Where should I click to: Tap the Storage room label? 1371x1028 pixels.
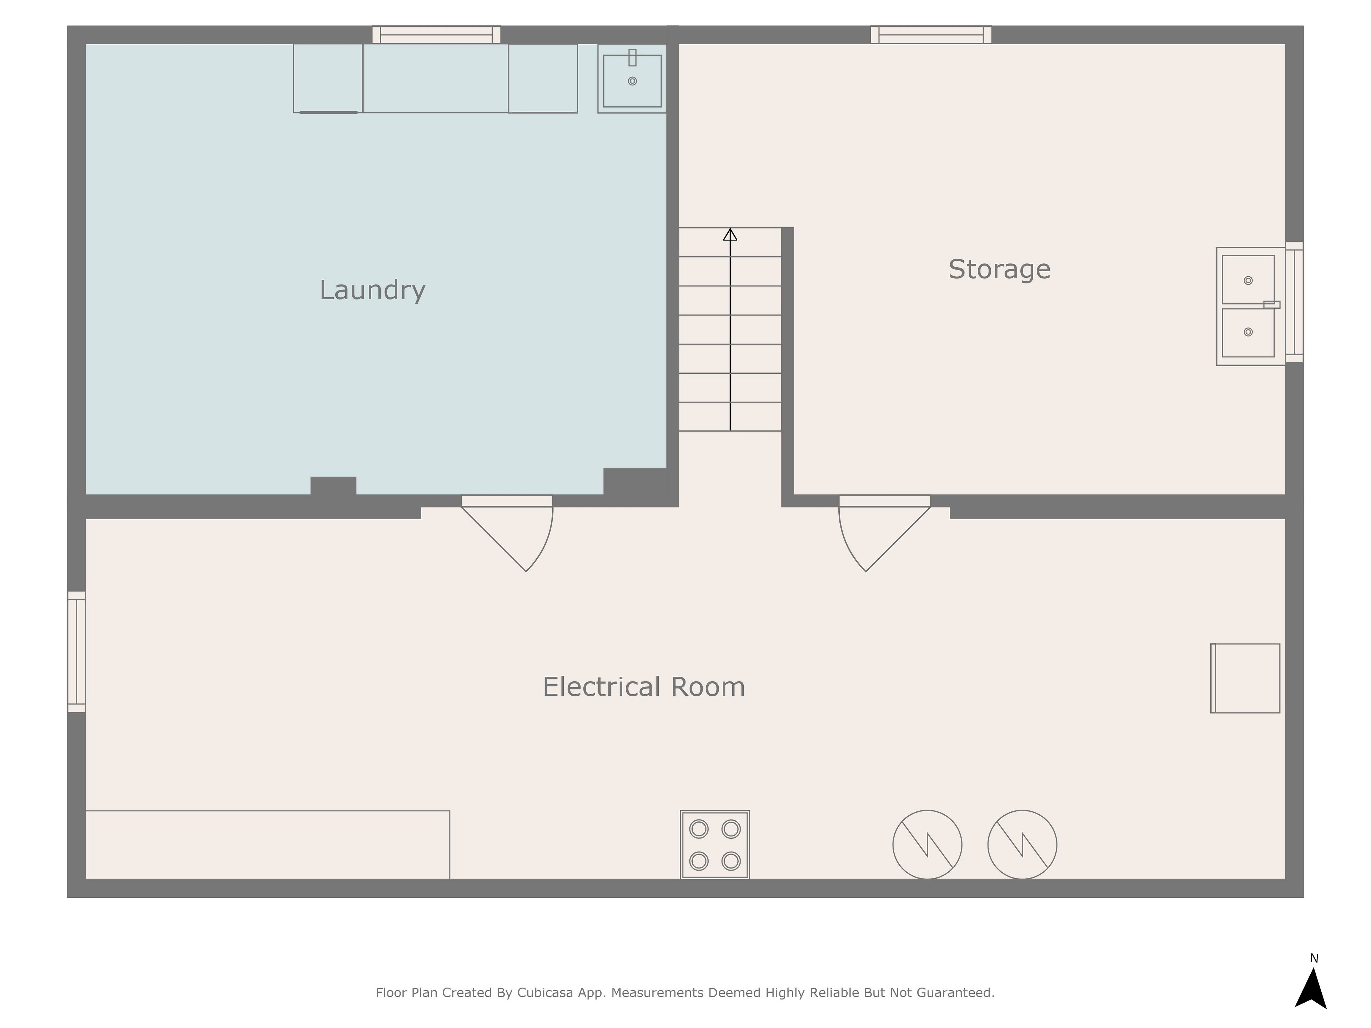coord(999,269)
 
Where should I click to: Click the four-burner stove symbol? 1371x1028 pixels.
coord(715,845)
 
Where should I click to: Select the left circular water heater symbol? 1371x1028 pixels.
coord(927,845)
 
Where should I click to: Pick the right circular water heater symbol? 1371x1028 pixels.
coord(1022,845)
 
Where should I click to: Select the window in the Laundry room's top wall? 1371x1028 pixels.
coord(436,35)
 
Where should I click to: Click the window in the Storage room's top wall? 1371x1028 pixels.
coord(931,35)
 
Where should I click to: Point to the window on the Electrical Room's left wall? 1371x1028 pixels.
coord(76,652)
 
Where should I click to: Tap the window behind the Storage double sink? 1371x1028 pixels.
coord(1294,302)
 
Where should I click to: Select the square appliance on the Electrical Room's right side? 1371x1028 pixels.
coord(1245,679)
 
